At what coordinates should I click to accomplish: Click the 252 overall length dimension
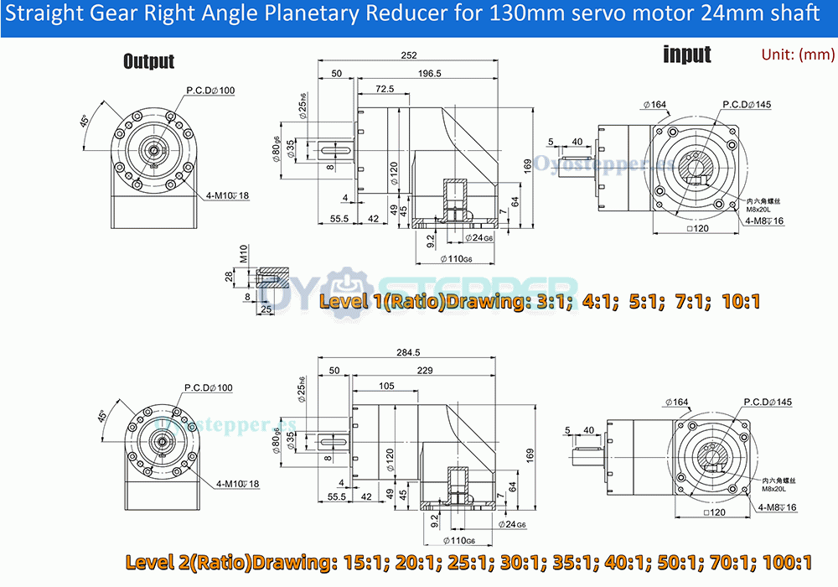coord(408,55)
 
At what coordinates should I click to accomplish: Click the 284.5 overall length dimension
coord(409,353)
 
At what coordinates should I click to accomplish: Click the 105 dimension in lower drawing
coord(386,386)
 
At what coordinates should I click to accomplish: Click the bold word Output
coord(148,61)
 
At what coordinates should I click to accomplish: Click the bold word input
coord(686,55)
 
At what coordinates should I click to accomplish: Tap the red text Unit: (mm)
coord(798,55)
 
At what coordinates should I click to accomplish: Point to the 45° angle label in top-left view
coord(85,121)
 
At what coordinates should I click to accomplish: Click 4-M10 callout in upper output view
coord(227,195)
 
